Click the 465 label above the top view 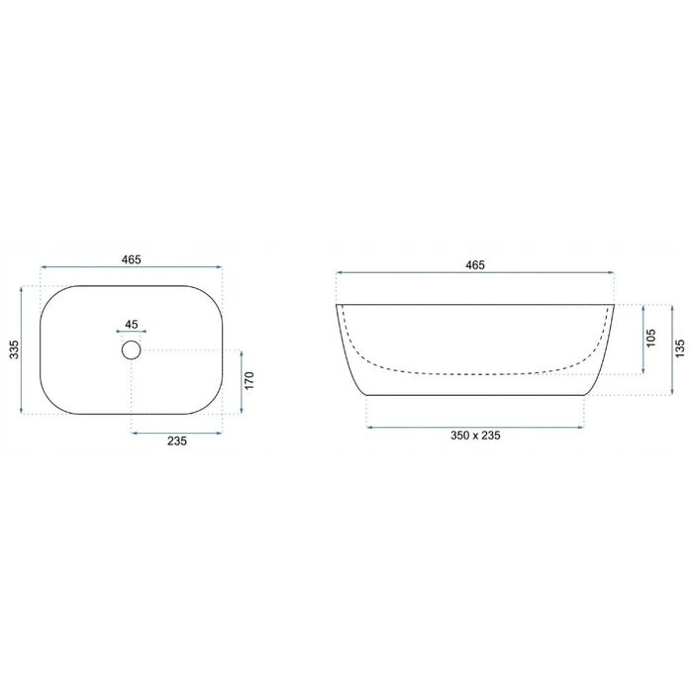tap(132, 259)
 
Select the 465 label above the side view tap(475, 265)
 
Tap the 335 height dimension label tap(15, 349)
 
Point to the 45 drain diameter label tap(132, 324)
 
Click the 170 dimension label tap(249, 380)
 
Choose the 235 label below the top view tap(177, 441)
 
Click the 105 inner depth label tap(651, 339)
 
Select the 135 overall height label tap(680, 348)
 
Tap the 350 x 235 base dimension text tap(475, 436)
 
